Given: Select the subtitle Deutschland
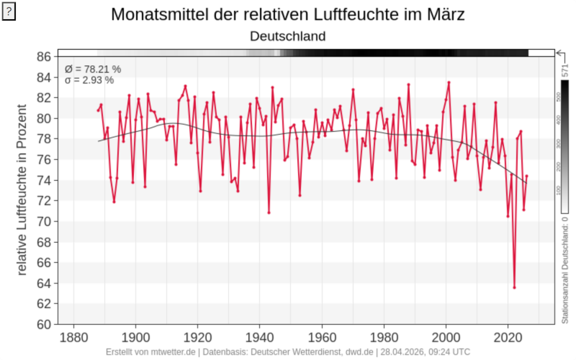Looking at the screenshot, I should [287, 36].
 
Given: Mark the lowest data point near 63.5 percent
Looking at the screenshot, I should [514, 287].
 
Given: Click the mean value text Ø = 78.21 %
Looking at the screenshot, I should [93, 69].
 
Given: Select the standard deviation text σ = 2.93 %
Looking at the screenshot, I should [89, 80].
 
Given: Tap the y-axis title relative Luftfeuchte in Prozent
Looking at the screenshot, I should [22, 190].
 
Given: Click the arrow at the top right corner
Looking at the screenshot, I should [561, 53].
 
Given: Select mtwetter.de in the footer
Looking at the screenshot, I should [174, 352].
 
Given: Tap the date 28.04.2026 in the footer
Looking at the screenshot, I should [402, 352].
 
